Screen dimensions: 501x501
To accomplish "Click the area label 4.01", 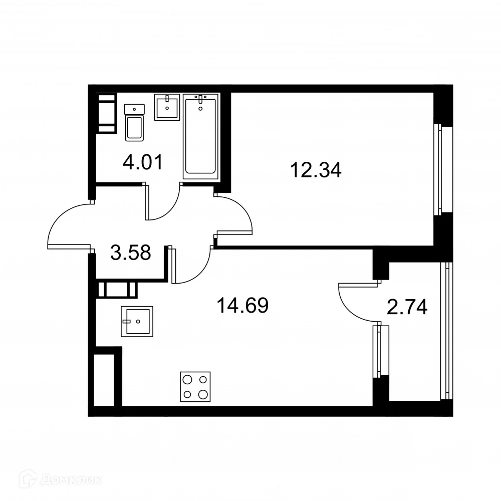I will coord(143,163).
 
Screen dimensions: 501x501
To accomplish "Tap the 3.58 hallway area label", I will coord(130,253).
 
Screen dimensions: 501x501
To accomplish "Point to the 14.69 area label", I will coord(242,305).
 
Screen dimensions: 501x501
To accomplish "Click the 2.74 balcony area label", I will coord(407,307).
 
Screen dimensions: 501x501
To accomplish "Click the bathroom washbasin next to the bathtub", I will coord(167,107).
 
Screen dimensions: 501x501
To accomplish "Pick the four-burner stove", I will coord(195,386).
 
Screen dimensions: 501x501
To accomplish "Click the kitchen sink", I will coord(136,321).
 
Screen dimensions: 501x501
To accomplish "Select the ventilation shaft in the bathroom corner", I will coord(106,114).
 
